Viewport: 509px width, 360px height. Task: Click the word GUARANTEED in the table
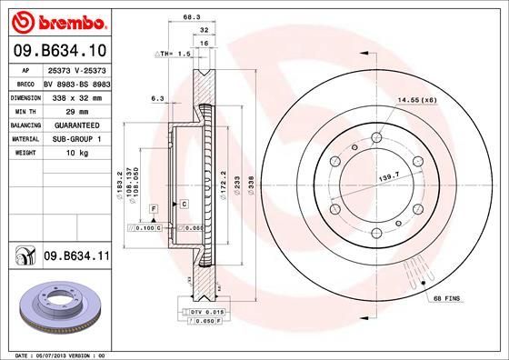[x=72, y=124]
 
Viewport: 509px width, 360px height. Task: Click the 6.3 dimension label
[x=156, y=97]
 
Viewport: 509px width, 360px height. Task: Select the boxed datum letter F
[x=154, y=210]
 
